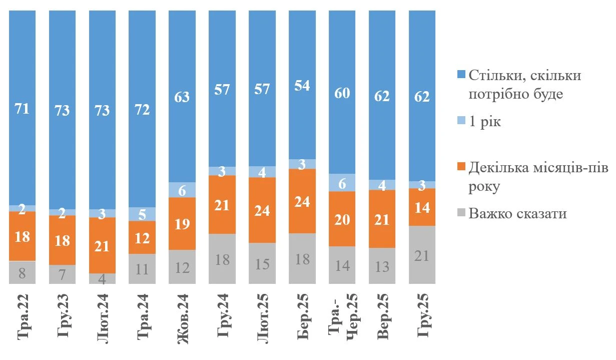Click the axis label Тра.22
click(23, 317)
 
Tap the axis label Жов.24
click(183, 319)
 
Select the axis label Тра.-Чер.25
click(343, 317)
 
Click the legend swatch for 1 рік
click(461, 120)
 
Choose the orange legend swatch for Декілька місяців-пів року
click(461, 166)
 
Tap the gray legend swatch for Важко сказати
click(461, 212)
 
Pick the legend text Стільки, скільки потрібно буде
click(525, 85)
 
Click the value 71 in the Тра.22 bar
click(22, 109)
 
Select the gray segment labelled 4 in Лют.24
click(102, 278)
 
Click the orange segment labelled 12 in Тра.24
click(142, 237)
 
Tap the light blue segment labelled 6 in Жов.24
click(182, 190)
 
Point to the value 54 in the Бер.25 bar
click(302, 86)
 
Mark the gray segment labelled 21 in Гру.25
click(422, 255)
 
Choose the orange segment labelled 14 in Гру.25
click(422, 207)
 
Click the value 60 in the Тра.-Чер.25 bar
click(342, 93)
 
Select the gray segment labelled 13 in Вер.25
click(382, 266)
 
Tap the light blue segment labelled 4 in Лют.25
click(262, 172)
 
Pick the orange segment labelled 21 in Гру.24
click(222, 204)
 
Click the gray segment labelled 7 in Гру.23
click(62, 274)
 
